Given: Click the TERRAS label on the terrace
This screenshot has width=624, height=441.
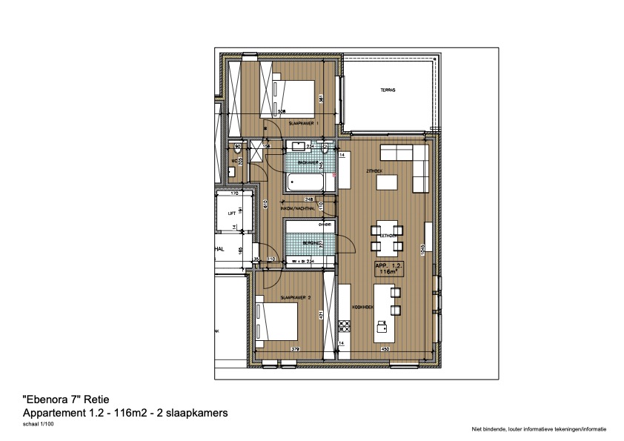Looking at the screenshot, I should pyautogui.click(x=388, y=90).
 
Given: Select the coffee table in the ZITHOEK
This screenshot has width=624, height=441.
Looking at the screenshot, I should pyautogui.click(x=387, y=182).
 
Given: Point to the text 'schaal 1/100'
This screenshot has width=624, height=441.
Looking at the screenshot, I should pyautogui.click(x=38, y=425).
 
